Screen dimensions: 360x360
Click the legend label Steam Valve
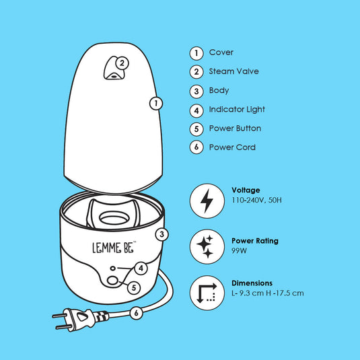coord(233,71)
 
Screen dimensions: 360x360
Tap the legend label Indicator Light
coord(237,109)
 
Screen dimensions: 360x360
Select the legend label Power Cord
coord(232,147)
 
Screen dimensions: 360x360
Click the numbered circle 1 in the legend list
coord(196,52)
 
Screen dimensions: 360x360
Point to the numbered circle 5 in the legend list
coord(196,129)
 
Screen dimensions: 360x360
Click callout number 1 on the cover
coord(156,103)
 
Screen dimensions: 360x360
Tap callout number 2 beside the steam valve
coord(122,63)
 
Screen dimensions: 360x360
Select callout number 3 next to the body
coord(161,235)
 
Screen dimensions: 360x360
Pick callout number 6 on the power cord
coord(136,312)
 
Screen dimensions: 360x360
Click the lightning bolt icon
coord(207,201)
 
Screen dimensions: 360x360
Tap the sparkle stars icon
coord(207,246)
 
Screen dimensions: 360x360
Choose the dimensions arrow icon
coord(207,293)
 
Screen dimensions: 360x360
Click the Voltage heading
coord(246,190)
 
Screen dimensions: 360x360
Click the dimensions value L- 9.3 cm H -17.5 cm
coord(267,293)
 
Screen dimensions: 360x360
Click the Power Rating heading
coord(254,240)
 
